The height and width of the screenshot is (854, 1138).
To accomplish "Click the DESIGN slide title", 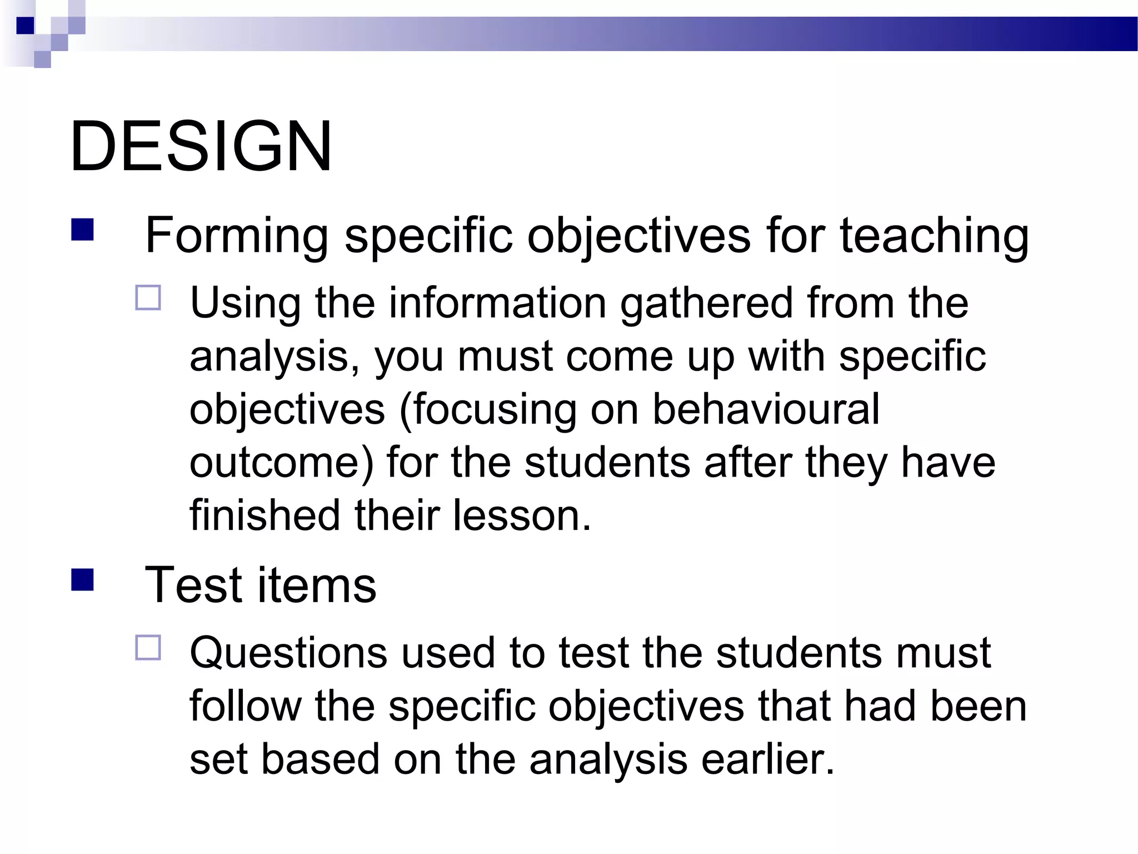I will pos(201,147).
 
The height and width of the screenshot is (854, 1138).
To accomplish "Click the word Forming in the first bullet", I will pos(236,236).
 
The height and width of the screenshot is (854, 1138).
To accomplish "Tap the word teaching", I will pos(934,236).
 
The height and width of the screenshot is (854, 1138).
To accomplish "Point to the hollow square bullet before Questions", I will pos(148,647).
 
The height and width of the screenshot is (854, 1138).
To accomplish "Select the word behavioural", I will pos(766,409).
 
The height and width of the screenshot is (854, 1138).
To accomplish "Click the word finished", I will pos(264,515).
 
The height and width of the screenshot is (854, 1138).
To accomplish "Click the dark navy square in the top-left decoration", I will pos(25,26).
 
